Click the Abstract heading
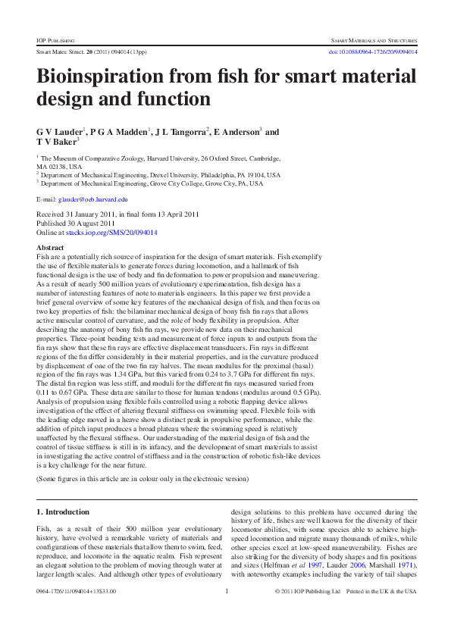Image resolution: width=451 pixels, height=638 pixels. [x=50, y=248]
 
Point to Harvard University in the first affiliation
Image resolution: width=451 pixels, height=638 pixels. [x=172, y=159]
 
